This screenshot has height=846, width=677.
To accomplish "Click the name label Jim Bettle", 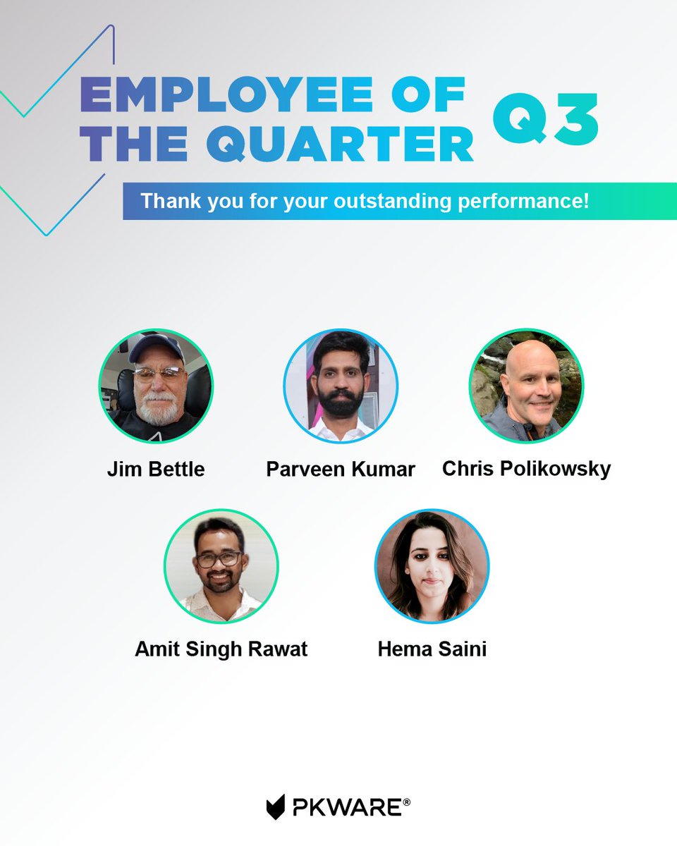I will tap(156, 470).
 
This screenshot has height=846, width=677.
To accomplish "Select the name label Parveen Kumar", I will tap(341, 470).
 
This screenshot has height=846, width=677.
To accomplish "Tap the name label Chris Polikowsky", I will tap(526, 469).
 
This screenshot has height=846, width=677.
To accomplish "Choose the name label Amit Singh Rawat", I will tap(221, 649).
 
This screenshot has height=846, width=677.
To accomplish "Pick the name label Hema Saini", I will tap(432, 649).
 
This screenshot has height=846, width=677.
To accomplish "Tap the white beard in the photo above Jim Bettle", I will tap(157, 407).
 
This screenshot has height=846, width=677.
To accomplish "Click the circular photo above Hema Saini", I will tap(432, 566).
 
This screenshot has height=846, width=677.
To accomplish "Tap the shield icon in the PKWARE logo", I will tap(276, 807).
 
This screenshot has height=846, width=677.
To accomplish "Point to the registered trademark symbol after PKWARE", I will tap(406, 802).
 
